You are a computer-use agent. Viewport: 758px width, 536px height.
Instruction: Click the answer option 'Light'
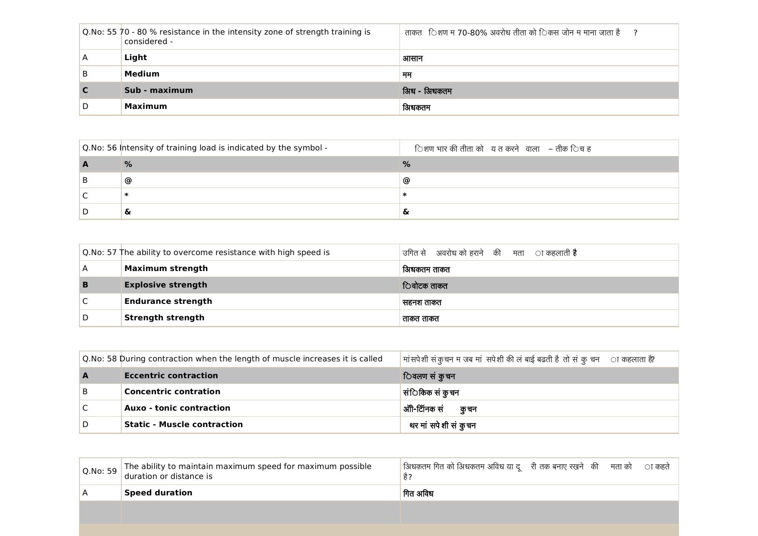[x=136, y=57]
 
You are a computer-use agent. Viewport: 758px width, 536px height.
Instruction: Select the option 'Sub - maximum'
[x=159, y=90]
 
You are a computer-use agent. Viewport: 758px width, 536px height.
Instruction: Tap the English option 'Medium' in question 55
[x=142, y=74]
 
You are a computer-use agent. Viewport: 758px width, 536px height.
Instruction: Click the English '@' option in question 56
[x=128, y=180]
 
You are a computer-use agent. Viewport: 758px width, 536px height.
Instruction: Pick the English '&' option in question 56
[x=127, y=212]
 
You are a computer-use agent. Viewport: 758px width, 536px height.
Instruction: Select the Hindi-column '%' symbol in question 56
[x=406, y=164]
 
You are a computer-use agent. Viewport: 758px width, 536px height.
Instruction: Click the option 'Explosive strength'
[x=165, y=285]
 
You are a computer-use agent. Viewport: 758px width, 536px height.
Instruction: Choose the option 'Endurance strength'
[x=168, y=301]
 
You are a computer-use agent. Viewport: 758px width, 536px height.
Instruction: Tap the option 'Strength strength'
[x=164, y=318]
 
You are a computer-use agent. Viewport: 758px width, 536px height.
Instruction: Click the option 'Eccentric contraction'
[x=171, y=376]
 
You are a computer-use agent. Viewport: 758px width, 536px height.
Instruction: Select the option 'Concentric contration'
[x=172, y=392]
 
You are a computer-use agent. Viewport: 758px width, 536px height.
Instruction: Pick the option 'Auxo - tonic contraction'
[x=177, y=408]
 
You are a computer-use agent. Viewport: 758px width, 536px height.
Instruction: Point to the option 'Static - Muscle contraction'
[x=184, y=424]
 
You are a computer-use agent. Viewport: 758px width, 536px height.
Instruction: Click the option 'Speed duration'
[x=158, y=493]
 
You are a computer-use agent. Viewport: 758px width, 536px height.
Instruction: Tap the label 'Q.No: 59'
[x=100, y=471]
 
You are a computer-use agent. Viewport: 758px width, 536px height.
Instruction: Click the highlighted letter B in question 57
[x=85, y=285]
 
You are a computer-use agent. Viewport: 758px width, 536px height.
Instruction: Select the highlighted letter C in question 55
[x=85, y=90]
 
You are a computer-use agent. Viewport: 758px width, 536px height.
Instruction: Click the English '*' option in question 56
[x=127, y=195]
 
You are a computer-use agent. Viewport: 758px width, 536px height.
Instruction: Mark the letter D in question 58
[x=85, y=424]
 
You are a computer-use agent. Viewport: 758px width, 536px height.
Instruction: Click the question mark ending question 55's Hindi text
[x=635, y=33]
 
